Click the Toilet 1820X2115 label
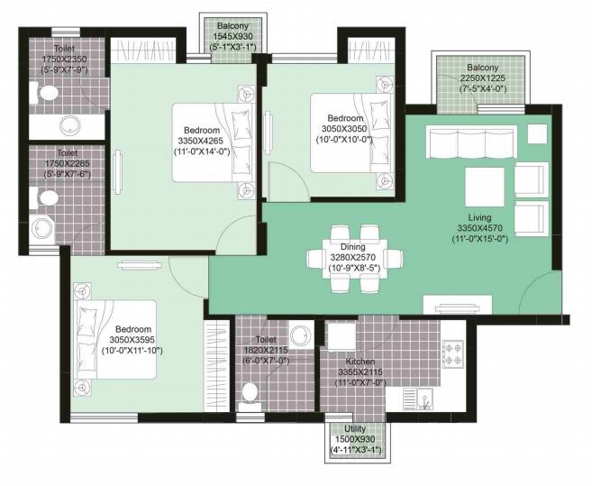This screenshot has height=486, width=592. point(270,340)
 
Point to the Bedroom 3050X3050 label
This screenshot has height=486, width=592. point(345,119)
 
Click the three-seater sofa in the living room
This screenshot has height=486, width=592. point(469,142)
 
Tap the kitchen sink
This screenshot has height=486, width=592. point(415,398)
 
